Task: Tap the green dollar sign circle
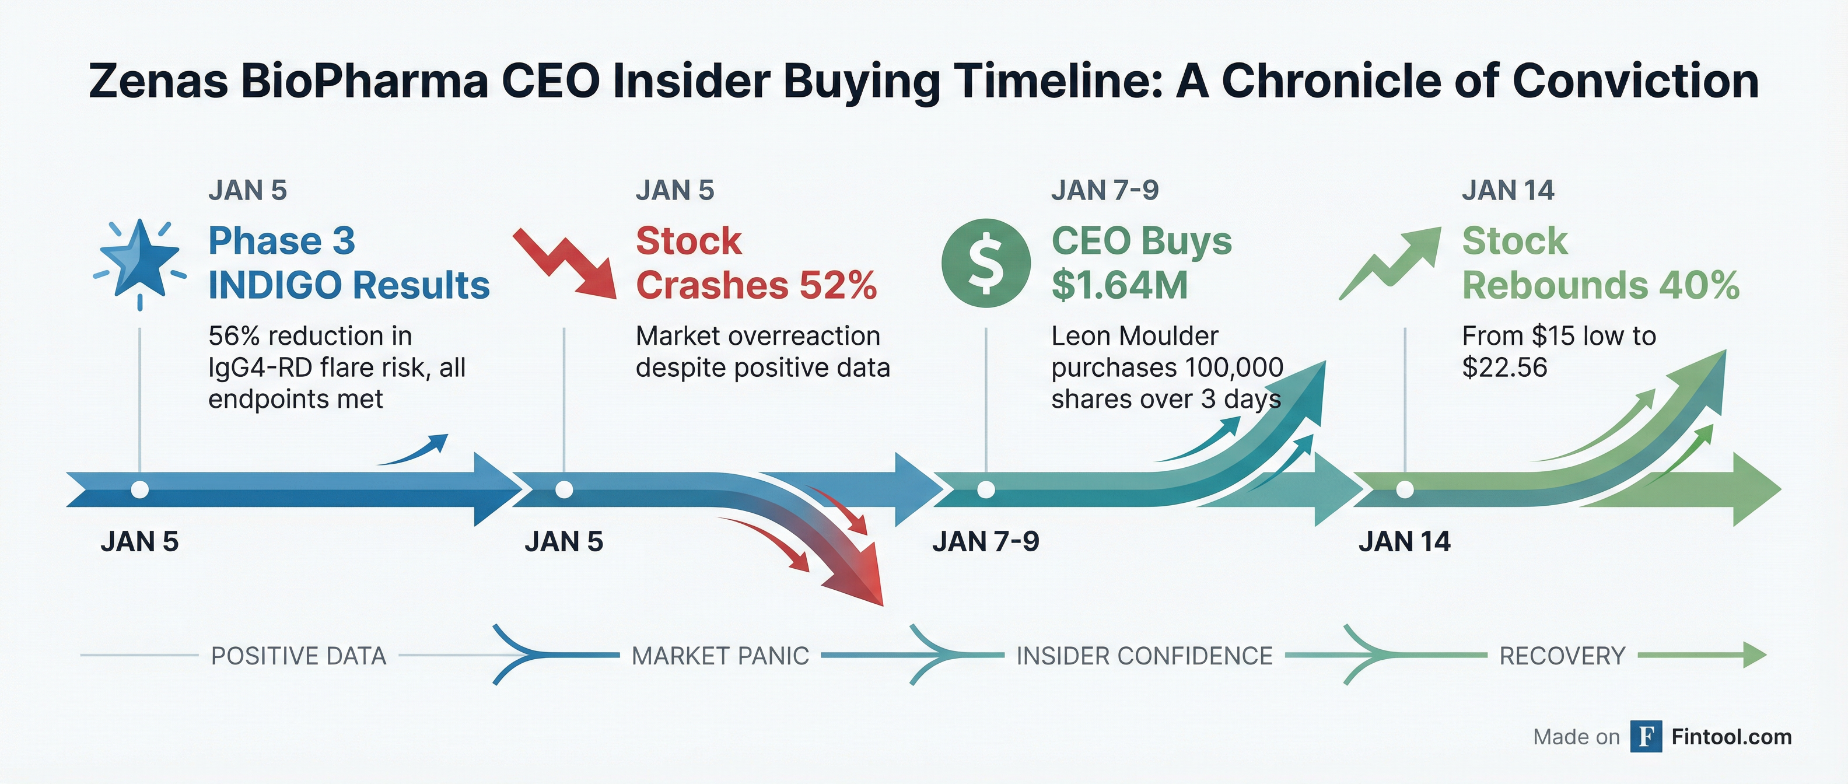pyautogui.click(x=986, y=263)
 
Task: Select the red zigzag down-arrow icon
pyautogui.click(x=565, y=262)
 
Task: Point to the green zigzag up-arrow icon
pyautogui.click(x=1390, y=263)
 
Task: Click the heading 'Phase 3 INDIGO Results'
pyautogui.click(x=349, y=262)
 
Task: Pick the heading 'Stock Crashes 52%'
pyautogui.click(x=756, y=262)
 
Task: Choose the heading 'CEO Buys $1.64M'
pyautogui.click(x=1142, y=262)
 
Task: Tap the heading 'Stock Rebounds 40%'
pyautogui.click(x=1601, y=262)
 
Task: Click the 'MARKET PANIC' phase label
pyautogui.click(x=720, y=656)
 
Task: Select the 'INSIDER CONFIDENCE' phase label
pyautogui.click(x=1144, y=656)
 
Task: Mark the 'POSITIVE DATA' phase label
pyautogui.click(x=299, y=656)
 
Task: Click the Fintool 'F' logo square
pyautogui.click(x=1646, y=737)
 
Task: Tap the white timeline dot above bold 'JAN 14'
pyautogui.click(x=1405, y=489)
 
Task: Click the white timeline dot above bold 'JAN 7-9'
pyautogui.click(x=986, y=489)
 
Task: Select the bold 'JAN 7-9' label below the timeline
pyautogui.click(x=986, y=541)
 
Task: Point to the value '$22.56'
pyautogui.click(x=1504, y=367)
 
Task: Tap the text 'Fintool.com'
pyautogui.click(x=1731, y=737)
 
